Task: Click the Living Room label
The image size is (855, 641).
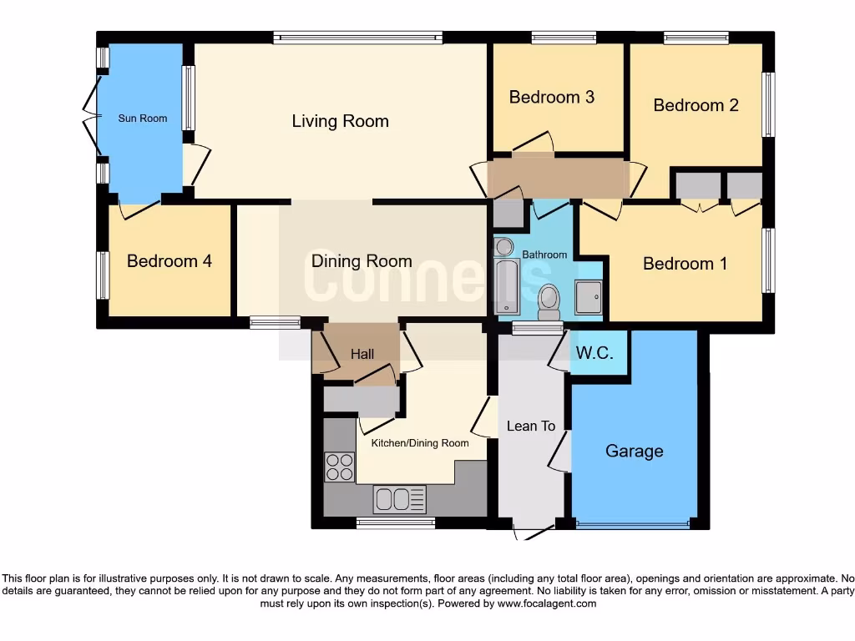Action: tap(341, 121)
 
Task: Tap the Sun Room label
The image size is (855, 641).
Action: tap(142, 119)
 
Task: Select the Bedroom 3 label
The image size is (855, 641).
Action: tap(551, 97)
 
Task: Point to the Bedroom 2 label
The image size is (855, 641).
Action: tap(696, 105)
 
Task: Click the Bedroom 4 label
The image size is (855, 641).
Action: tap(169, 261)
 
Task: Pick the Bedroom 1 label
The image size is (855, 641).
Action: tap(685, 264)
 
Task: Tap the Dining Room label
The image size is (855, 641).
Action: tap(362, 261)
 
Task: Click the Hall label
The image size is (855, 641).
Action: tap(362, 354)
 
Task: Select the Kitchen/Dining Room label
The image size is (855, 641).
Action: tap(420, 443)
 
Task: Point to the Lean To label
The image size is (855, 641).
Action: tap(530, 426)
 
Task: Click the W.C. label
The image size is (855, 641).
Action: tap(594, 353)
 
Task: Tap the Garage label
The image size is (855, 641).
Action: tap(635, 452)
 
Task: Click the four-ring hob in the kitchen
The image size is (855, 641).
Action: tap(339, 467)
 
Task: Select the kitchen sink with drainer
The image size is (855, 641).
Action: tap(400, 499)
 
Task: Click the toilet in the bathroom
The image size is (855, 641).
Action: tap(549, 302)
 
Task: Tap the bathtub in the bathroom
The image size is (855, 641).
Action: tap(507, 287)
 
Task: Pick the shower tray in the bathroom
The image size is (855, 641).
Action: tap(589, 298)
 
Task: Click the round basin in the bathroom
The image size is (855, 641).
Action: tap(504, 247)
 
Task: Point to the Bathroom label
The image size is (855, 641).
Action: tap(544, 255)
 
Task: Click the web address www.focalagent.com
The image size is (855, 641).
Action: tap(547, 603)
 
